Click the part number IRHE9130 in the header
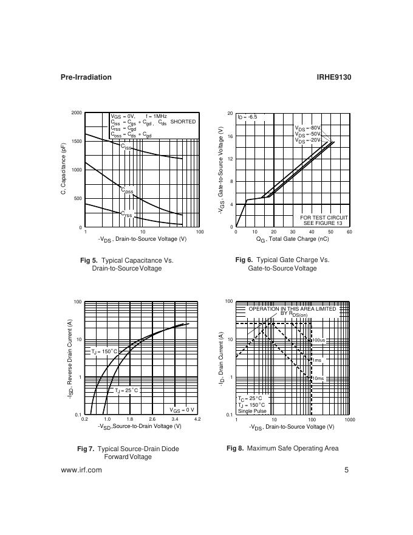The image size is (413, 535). pyautogui.click(x=334, y=77)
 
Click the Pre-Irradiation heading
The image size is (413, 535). pyautogui.click(x=86, y=77)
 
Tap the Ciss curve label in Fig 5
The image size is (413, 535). pyautogui.click(x=126, y=147)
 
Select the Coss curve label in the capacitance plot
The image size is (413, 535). pyautogui.click(x=127, y=191)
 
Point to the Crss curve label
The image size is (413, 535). pyautogui.click(x=126, y=214)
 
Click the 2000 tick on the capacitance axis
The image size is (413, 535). pyautogui.click(x=77, y=113)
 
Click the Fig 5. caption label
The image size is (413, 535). pyautogui.click(x=89, y=260)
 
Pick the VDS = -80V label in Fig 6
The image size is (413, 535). pyautogui.click(x=307, y=128)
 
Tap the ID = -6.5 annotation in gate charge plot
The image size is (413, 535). pyautogui.click(x=247, y=117)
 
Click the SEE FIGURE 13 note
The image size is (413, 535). pyautogui.click(x=324, y=223)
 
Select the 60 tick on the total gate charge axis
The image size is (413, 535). pyautogui.click(x=349, y=232)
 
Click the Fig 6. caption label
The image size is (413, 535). pyautogui.click(x=244, y=260)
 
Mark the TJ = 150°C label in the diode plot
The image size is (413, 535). pyautogui.click(x=104, y=352)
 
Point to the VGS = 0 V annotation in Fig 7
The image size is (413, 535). pyautogui.click(x=182, y=410)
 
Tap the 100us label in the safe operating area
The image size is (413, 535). pyautogui.click(x=319, y=340)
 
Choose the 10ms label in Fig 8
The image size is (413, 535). pyautogui.click(x=318, y=379)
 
